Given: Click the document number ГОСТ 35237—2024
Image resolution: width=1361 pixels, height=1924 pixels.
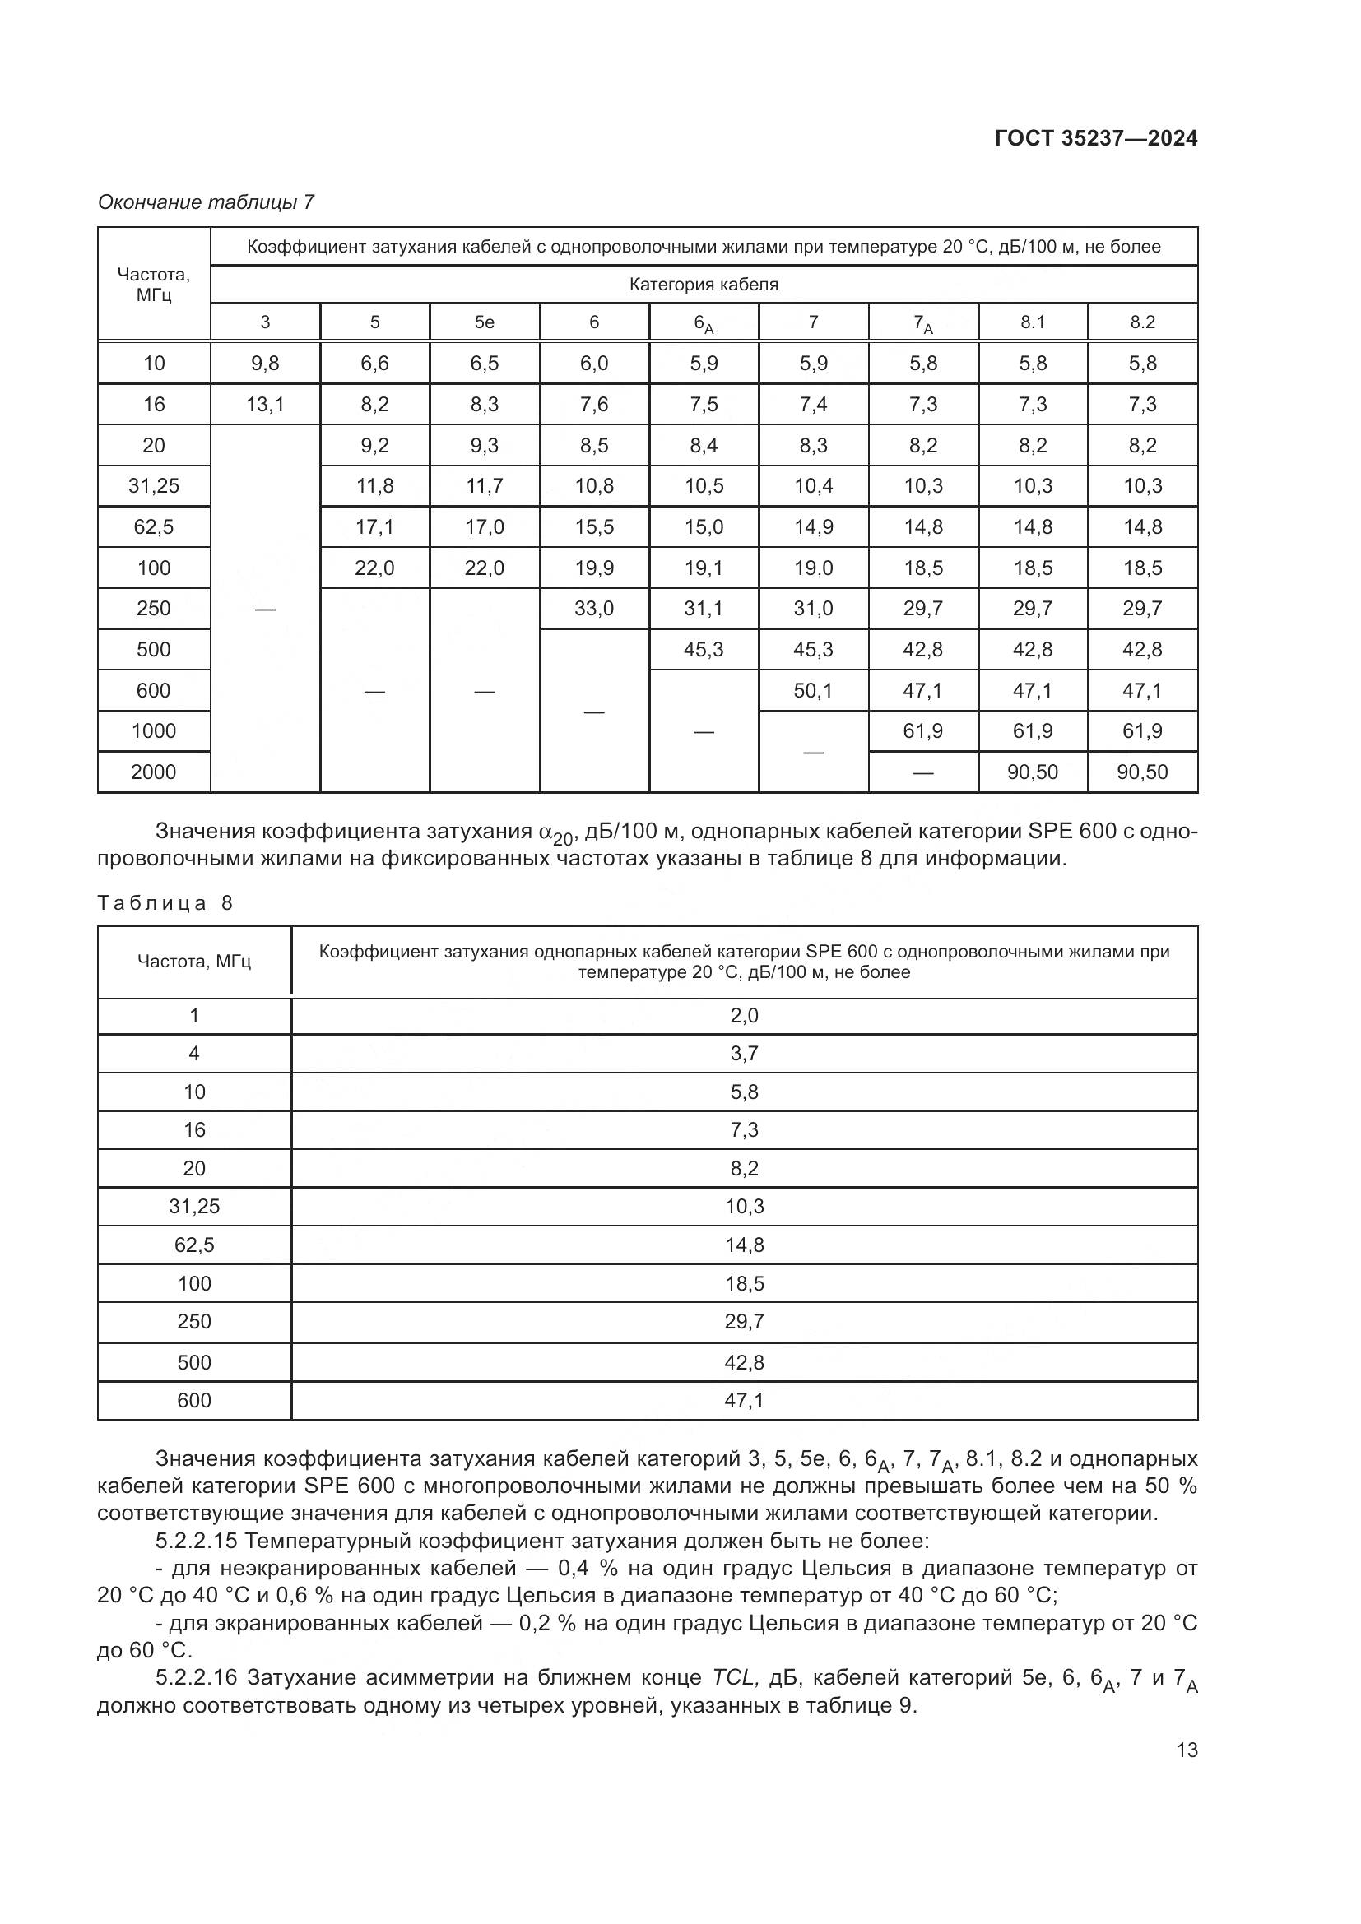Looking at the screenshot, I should (1095, 138).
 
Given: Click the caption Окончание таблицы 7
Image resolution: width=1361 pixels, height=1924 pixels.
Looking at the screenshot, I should (207, 202).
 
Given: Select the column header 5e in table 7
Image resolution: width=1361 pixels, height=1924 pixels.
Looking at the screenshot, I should (485, 322).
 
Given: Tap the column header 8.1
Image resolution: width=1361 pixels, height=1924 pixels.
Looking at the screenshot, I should (1033, 322).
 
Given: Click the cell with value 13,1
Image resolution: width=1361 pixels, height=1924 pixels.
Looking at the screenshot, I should (265, 405).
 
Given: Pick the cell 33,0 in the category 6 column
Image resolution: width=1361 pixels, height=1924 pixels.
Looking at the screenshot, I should (594, 609).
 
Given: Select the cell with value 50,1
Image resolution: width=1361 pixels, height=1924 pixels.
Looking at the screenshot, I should (813, 690).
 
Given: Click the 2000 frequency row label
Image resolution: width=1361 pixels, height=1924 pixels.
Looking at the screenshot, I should (153, 772).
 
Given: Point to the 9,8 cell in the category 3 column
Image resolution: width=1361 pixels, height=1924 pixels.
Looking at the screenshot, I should (265, 364).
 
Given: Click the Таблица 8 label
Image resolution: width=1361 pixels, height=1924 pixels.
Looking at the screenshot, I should (165, 902).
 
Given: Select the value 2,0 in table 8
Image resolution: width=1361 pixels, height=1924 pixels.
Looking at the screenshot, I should (743, 1016).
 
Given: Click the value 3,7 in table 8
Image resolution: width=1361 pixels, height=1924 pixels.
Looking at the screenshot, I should (743, 1054).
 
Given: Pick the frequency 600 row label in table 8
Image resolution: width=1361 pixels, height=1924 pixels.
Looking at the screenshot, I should (193, 1400).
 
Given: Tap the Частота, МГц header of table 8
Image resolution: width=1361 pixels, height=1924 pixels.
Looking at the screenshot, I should (193, 961).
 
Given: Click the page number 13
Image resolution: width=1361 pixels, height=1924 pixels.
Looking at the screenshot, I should (1187, 1750).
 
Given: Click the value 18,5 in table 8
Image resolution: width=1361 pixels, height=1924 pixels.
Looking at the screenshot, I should (743, 1284).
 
